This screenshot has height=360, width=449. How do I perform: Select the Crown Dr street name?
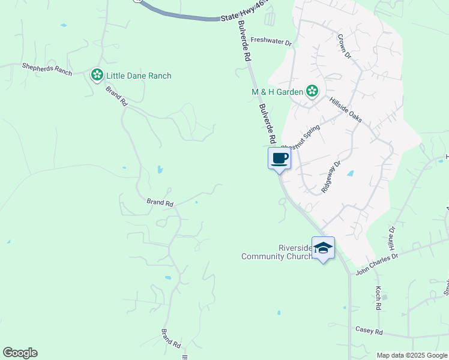point(343,46)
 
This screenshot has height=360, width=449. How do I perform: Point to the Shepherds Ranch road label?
point(46,69)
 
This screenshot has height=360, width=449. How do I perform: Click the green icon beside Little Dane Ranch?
point(97,75)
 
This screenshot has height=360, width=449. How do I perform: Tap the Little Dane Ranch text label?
point(139,76)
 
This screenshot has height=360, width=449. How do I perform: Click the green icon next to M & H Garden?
point(312,91)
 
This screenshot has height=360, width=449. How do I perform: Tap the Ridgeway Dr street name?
point(331,175)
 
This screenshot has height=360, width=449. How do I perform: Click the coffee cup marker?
point(279,159)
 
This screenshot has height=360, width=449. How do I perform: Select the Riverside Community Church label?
point(277,252)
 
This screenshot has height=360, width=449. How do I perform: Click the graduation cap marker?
point(323,247)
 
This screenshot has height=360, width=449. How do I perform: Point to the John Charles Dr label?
point(377,263)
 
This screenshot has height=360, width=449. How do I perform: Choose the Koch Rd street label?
point(379,293)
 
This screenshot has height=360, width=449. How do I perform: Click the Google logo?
point(20,353)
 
